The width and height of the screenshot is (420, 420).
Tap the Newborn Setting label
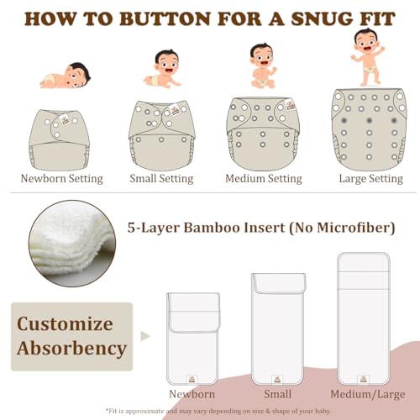[61, 178]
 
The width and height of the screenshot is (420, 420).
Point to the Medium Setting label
[264, 178]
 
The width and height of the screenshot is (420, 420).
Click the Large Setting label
[370, 178]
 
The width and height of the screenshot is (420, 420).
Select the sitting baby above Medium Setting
[264, 66]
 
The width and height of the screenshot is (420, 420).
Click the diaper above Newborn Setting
[61, 137]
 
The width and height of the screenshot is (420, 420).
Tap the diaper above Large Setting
[370, 128]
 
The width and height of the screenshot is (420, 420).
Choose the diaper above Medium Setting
[265, 132]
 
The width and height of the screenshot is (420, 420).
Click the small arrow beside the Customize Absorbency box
[145, 335]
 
